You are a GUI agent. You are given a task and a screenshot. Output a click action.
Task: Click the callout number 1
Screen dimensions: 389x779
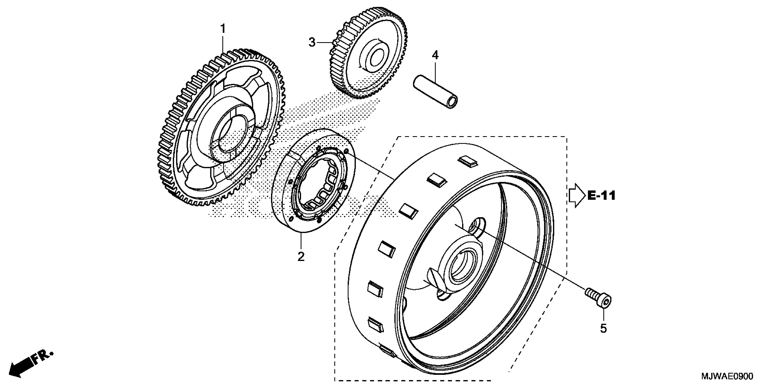coord(223,29)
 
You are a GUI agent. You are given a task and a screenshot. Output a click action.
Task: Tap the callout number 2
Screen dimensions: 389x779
coord(301,257)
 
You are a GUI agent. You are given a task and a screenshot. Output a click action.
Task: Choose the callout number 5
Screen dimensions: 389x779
coord(603,328)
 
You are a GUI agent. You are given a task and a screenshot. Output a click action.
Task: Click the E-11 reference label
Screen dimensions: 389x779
coord(601,196)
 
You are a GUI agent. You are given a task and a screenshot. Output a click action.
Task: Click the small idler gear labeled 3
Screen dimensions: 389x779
coord(369,57)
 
